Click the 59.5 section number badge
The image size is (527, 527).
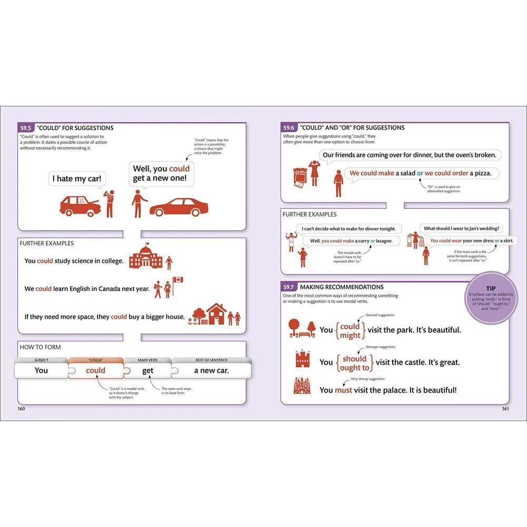pyautogui.click(x=26, y=128)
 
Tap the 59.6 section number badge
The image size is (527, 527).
pyautogui.click(x=289, y=128)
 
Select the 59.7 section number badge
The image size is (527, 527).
pyautogui.click(x=289, y=287)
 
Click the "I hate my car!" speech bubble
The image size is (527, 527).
pyautogui.click(x=76, y=179)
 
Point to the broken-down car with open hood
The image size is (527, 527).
pyautogui.click(x=80, y=206)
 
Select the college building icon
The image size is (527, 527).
pyautogui.click(x=144, y=256)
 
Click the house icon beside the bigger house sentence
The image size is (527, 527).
pyautogui.click(x=216, y=314)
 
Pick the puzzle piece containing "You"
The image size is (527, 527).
pyautogui.click(x=42, y=370)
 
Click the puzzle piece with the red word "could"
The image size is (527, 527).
pyautogui.click(x=95, y=370)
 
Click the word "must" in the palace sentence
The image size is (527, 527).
pyautogui.click(x=343, y=390)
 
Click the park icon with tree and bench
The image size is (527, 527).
pyautogui.click(x=302, y=328)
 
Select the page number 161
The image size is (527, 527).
pyautogui.click(x=504, y=408)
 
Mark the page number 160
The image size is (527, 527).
pyautogui.click(x=22, y=408)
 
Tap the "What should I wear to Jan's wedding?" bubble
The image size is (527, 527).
pyautogui.click(x=462, y=228)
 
